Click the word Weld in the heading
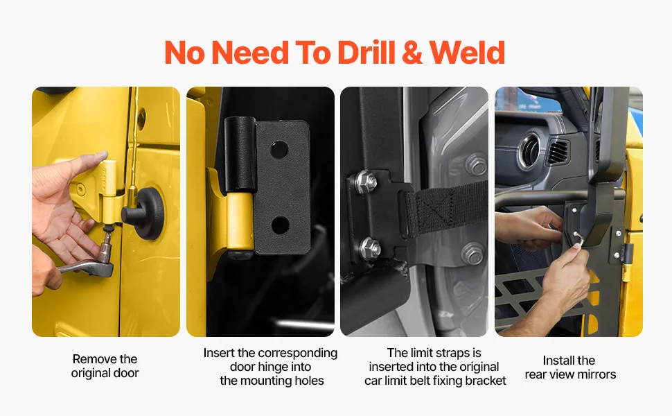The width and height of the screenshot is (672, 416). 467,53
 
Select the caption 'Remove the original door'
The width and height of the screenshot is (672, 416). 105,366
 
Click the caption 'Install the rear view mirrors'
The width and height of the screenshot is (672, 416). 570,367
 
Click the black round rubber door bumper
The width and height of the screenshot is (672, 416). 143,213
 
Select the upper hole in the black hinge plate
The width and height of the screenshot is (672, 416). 279,149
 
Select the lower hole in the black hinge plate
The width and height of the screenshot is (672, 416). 280,225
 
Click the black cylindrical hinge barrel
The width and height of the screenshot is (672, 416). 240,154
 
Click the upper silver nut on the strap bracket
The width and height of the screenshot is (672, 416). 366,181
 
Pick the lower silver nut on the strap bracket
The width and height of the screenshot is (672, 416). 369,248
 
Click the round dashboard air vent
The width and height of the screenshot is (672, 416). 531,151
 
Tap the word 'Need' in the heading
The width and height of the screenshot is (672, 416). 250,53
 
